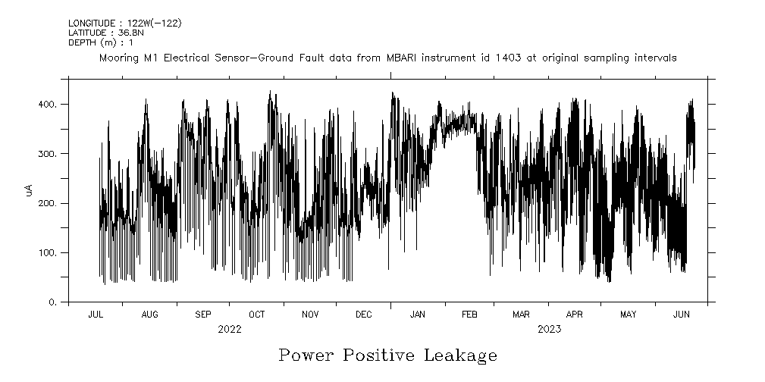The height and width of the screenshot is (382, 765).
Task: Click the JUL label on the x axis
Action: (x=96, y=314)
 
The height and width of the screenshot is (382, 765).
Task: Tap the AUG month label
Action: (x=149, y=314)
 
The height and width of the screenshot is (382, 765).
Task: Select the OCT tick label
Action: (x=257, y=314)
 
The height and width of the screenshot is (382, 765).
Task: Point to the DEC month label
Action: (x=363, y=314)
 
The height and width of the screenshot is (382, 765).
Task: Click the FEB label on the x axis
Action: (x=469, y=314)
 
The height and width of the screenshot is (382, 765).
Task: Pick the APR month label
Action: (x=575, y=314)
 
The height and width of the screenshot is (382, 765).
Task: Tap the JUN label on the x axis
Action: (x=682, y=314)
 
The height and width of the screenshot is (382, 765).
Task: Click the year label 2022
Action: (x=229, y=329)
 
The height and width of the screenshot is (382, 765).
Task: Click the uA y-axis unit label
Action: (x=30, y=190)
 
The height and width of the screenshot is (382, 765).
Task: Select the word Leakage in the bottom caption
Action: (x=461, y=355)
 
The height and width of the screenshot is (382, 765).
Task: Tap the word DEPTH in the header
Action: (x=83, y=43)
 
